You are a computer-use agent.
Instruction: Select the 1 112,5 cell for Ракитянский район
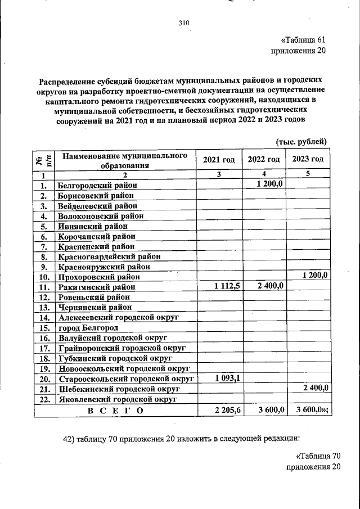pos(227,286)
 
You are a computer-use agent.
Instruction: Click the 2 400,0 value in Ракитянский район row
pos(270,286)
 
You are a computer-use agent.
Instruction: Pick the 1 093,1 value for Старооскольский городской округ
pos(227,378)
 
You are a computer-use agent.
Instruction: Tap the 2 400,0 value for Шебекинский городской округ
pos(316,388)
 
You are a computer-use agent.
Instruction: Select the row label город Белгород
pos(88,327)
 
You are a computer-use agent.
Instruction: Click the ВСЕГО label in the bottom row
pos(115,411)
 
